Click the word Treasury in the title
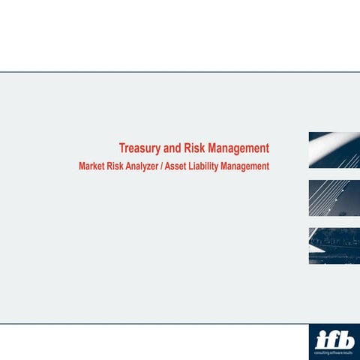coord(139,148)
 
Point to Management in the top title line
coord(238,147)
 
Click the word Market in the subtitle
coord(93,166)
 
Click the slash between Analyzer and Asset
coord(174,166)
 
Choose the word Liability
coord(219,166)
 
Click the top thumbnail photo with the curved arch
coord(334,150)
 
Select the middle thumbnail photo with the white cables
coord(334,198)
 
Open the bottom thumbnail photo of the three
coord(334,246)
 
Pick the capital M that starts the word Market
coord(82,166)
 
